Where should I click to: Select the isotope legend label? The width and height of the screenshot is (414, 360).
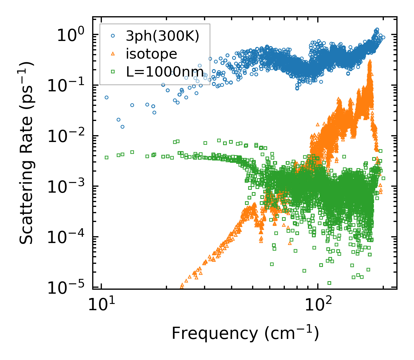[151, 54]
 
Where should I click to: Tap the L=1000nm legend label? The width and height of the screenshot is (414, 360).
[165, 72]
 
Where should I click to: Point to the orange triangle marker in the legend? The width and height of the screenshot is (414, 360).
[113, 54]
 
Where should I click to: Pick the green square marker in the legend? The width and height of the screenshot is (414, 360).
[113, 71]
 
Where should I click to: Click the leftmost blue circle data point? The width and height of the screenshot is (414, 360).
[107, 97]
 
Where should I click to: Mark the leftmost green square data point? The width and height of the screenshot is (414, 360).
[107, 157]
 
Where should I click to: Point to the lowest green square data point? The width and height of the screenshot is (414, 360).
[329, 283]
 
